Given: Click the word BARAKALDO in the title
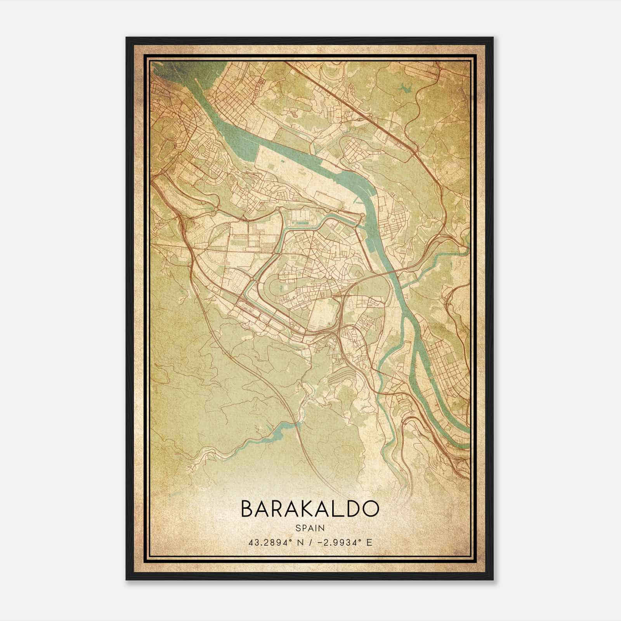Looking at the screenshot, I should pos(310,509).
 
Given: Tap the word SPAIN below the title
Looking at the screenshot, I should pos(310,528).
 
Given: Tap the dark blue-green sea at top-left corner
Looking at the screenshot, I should pos(163,70).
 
